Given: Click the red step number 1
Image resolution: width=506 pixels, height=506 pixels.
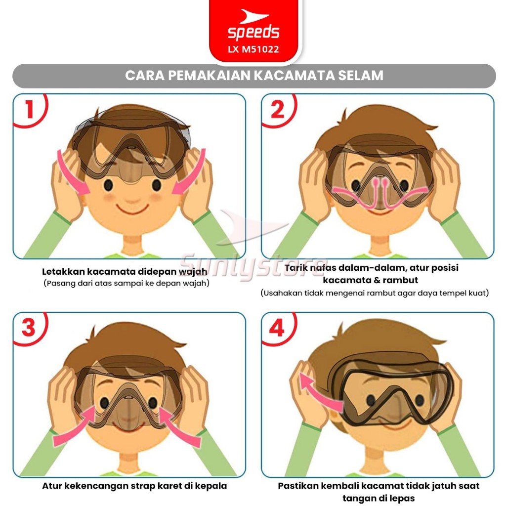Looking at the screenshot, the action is (30, 109).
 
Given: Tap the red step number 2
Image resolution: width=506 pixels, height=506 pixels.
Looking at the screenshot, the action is (278, 109).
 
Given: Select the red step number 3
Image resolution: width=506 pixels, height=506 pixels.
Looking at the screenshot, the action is (28, 328).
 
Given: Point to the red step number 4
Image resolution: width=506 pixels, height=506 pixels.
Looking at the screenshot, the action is (277, 328).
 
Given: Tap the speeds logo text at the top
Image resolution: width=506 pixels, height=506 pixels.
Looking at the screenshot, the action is (253, 32).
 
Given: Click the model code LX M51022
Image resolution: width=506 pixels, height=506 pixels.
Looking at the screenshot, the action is (253, 49).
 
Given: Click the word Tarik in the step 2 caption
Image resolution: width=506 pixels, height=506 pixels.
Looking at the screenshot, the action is (295, 267).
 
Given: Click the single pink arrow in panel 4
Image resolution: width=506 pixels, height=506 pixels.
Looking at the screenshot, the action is (320, 392).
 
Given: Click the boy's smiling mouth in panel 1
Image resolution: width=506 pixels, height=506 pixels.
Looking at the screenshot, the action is (131, 209).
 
